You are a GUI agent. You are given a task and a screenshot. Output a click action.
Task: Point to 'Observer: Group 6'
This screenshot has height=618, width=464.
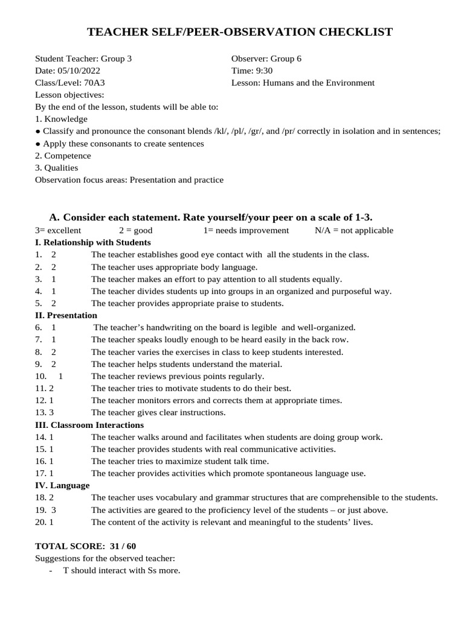click(x=266, y=59)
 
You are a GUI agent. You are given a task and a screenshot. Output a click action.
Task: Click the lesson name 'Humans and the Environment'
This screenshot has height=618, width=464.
click(x=318, y=83)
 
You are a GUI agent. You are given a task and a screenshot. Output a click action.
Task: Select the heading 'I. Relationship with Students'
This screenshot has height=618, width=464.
click(x=92, y=243)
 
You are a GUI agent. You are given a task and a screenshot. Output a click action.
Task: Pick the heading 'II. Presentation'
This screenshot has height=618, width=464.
click(x=66, y=316)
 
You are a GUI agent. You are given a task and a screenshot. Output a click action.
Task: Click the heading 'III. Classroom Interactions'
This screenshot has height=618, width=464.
click(x=89, y=425)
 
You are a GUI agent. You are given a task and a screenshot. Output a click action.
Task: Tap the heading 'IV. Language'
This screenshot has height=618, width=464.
click(x=62, y=485)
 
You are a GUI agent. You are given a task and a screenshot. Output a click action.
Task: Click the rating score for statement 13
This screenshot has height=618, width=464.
click(x=51, y=413)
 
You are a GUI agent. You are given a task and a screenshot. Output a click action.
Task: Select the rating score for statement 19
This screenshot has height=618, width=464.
click(x=54, y=510)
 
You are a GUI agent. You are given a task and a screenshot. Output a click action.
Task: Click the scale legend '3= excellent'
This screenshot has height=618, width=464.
click(x=58, y=231)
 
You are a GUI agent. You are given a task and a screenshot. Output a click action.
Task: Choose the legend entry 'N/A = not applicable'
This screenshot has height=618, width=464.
click(x=353, y=231)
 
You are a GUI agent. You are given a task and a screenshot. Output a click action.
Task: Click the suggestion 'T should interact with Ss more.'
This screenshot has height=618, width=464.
click(x=121, y=570)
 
